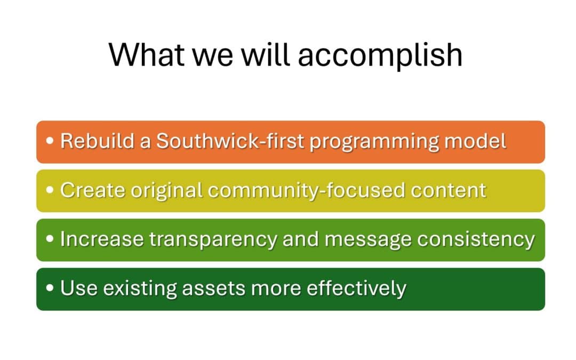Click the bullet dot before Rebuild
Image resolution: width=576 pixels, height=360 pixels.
[50, 142]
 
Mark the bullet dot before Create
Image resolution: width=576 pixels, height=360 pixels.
[50, 191]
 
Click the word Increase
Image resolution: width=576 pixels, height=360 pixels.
[101, 239]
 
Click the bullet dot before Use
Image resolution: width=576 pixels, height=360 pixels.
[50, 289]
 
